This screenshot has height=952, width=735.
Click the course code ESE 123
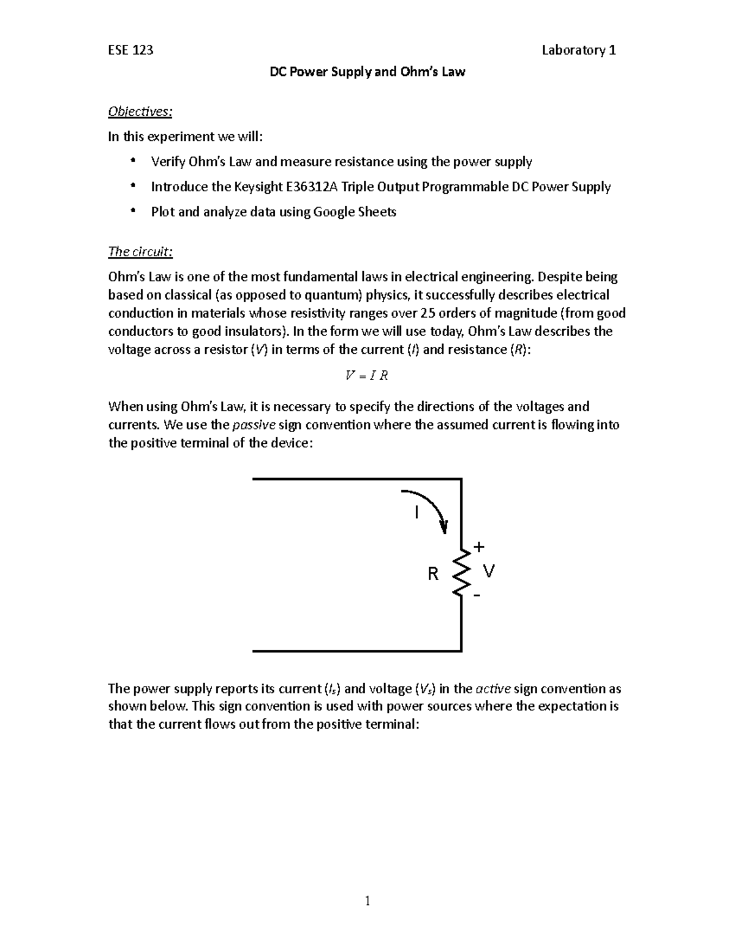coord(130,50)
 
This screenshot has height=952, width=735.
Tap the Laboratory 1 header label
coord(578,50)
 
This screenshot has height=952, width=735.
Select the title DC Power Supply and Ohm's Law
coord(367,72)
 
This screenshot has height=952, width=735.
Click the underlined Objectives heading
coord(140,112)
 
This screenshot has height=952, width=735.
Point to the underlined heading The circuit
coord(140,251)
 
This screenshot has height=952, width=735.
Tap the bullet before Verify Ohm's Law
coord(132,162)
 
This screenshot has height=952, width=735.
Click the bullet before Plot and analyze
coord(132,212)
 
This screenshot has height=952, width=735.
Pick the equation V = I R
coord(367,376)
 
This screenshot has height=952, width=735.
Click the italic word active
coord(492,688)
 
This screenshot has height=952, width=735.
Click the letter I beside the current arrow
coord(417,512)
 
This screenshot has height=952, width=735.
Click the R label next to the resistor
coord(433,574)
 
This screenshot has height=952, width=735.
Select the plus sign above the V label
coord(479,546)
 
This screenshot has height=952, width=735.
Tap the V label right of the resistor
coord(488,571)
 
